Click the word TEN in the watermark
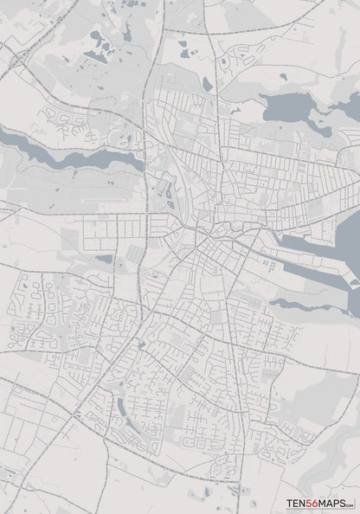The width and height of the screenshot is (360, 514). pyautogui.click(x=297, y=501)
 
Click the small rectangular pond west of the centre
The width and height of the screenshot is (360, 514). pyautogui.click(x=105, y=258)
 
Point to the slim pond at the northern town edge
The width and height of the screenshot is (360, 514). pyautogui.click(x=207, y=83)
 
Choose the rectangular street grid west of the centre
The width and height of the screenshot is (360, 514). pyautogui.click(x=112, y=230)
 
